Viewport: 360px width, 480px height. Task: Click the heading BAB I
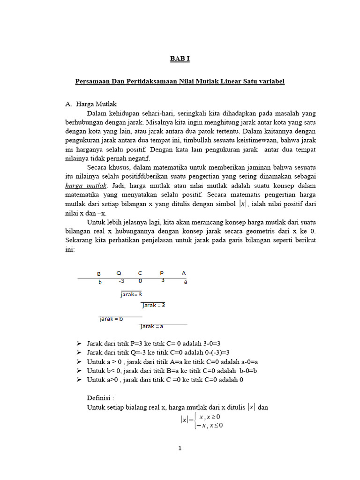click(180, 59)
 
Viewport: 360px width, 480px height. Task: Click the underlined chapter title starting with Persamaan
click(180, 82)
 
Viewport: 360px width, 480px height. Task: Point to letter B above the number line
click(99, 273)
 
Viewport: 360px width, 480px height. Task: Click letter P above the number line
click(162, 273)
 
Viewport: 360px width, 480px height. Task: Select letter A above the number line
click(184, 273)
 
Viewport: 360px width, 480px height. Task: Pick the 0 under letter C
click(140, 281)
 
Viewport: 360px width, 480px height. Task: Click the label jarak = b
click(112, 319)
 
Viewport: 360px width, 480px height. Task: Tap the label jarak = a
click(151, 326)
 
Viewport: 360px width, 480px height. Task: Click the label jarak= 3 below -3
click(131, 294)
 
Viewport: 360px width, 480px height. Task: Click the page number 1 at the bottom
click(180, 449)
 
